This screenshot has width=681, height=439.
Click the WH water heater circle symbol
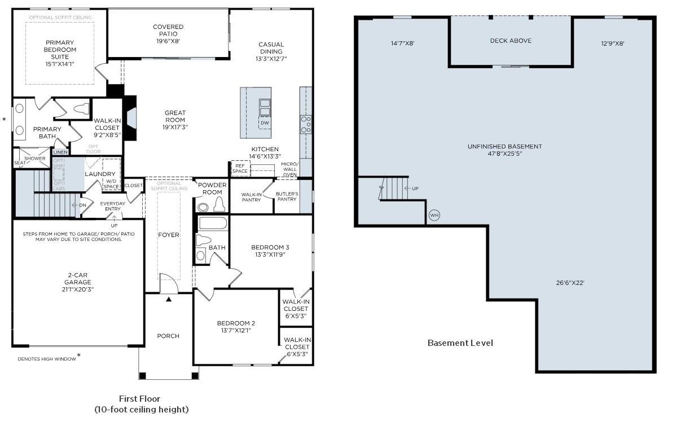[x=434, y=215]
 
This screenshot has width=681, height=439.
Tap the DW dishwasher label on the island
[x=265, y=122]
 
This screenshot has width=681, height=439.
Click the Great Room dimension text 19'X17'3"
[x=175, y=127]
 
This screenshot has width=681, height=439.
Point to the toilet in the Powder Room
[x=219, y=205]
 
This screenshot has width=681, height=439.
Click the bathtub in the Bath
[x=213, y=223]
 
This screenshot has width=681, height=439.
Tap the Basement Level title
[x=460, y=343]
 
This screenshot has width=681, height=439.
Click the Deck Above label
[x=510, y=41]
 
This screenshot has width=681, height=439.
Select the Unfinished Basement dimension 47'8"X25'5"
[x=504, y=153]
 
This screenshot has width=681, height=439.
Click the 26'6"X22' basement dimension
[x=570, y=283]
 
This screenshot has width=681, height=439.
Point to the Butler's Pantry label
[x=287, y=196]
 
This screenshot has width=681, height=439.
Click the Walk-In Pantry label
[x=251, y=196]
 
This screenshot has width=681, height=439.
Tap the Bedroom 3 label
[x=270, y=247]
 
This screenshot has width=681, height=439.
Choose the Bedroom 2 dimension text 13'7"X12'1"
[x=236, y=330]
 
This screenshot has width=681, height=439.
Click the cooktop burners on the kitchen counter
[x=305, y=124]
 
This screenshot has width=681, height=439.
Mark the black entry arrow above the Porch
[x=168, y=300]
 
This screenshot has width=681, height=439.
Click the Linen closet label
[x=60, y=152]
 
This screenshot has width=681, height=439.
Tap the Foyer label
[x=168, y=235]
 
